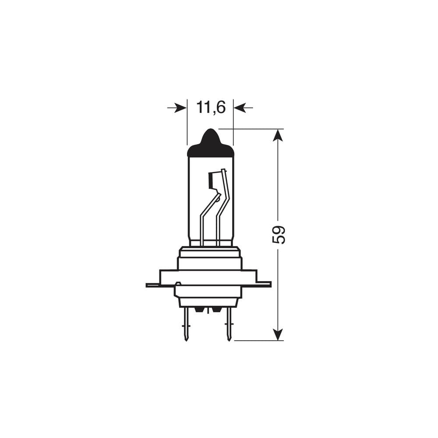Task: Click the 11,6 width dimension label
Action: pyautogui.click(x=211, y=107)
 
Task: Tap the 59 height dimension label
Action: pyautogui.click(x=279, y=234)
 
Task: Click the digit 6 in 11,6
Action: pyautogui.click(x=220, y=107)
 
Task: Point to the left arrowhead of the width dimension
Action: pyautogui.click(x=180, y=107)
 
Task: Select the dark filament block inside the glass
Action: pyautogui.click(x=212, y=180)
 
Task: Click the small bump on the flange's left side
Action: pyautogui.click(x=177, y=283)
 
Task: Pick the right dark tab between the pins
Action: pyautogui.click(x=216, y=310)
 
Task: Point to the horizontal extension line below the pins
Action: pyautogui.click(x=258, y=340)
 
